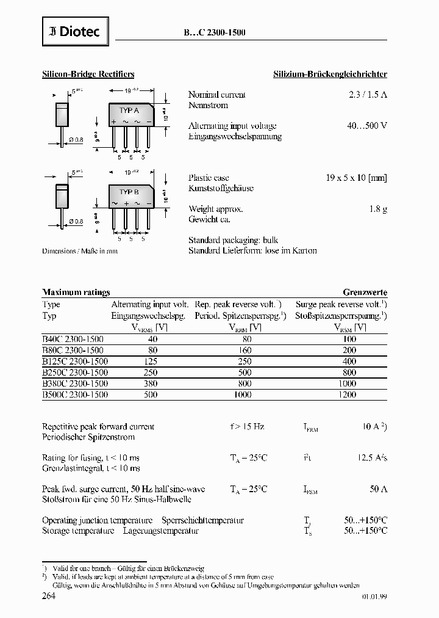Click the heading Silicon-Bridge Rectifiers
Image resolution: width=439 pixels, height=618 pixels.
tap(88, 74)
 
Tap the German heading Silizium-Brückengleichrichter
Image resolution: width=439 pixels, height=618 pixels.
tap(329, 74)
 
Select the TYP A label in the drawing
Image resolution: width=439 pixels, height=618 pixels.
tap(129, 111)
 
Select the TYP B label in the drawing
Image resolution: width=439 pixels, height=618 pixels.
tap(129, 192)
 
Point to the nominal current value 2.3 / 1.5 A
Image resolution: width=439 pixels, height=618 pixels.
tap(365, 95)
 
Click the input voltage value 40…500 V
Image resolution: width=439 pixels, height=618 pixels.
tap(365, 126)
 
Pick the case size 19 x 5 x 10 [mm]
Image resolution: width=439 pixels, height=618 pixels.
tap(357, 178)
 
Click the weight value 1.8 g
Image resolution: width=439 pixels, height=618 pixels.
tap(378, 209)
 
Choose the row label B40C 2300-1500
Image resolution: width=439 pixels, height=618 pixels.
tap(73, 339)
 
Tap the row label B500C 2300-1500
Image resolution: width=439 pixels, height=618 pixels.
tap(75, 394)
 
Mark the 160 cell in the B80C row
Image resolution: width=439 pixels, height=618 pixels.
tap(245, 351)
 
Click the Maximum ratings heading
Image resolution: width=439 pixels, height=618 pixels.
tap(76, 293)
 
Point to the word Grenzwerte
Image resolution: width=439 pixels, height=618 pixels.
tap(365, 293)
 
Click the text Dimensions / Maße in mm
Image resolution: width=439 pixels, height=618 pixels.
tap(79, 250)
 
